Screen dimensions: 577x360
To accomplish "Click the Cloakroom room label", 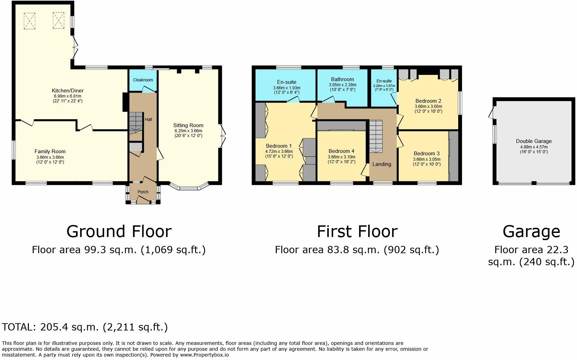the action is click(143, 80).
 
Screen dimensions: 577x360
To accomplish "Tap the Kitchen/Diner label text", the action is click(67, 91).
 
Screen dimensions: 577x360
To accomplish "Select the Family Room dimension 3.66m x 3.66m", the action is click(50, 157).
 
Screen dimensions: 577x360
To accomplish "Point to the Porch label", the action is click(143, 192).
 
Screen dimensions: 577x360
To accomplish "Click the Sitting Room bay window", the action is click(189, 187).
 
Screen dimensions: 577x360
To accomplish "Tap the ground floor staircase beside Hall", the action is click(136, 123).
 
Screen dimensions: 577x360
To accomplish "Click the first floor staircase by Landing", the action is click(376, 137).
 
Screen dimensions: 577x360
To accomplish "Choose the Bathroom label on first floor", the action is click(342, 79).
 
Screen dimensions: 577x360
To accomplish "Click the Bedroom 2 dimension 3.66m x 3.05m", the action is click(428, 106).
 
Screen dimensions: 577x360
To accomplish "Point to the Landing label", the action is click(382, 164).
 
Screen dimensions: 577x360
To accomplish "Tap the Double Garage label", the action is click(534, 141).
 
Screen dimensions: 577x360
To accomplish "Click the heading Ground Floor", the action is click(119, 232).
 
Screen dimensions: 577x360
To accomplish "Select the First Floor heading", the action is click(357, 232).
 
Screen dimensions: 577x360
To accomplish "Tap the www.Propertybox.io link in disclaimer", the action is click(204, 355).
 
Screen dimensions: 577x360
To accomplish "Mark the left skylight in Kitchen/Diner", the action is click(30, 21).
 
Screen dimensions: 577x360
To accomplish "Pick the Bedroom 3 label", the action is click(427, 154).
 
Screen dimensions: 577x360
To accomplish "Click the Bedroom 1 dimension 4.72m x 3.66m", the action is click(279, 151).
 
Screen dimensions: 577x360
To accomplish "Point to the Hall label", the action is click(148, 120).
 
